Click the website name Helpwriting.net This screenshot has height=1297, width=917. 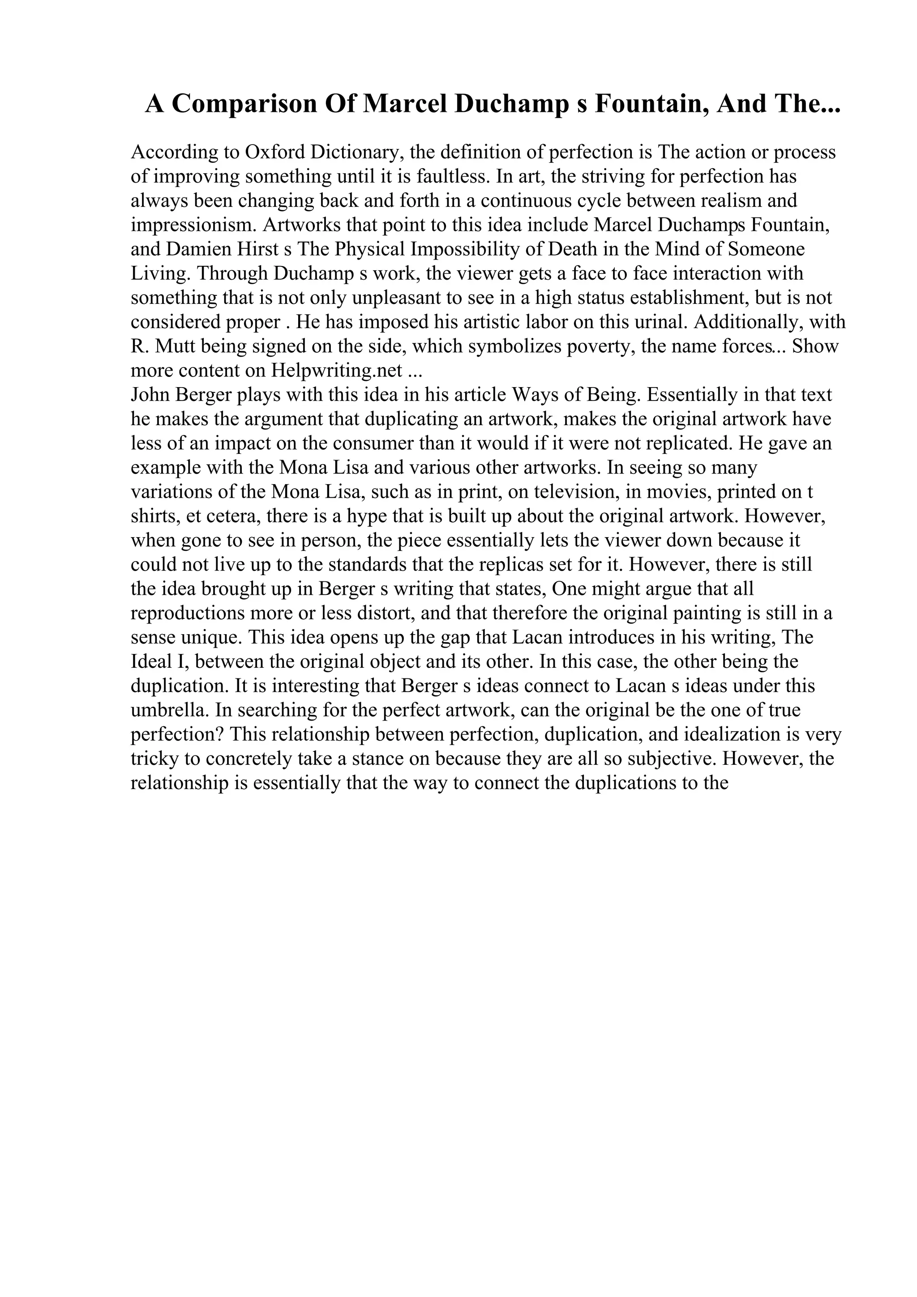337,371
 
